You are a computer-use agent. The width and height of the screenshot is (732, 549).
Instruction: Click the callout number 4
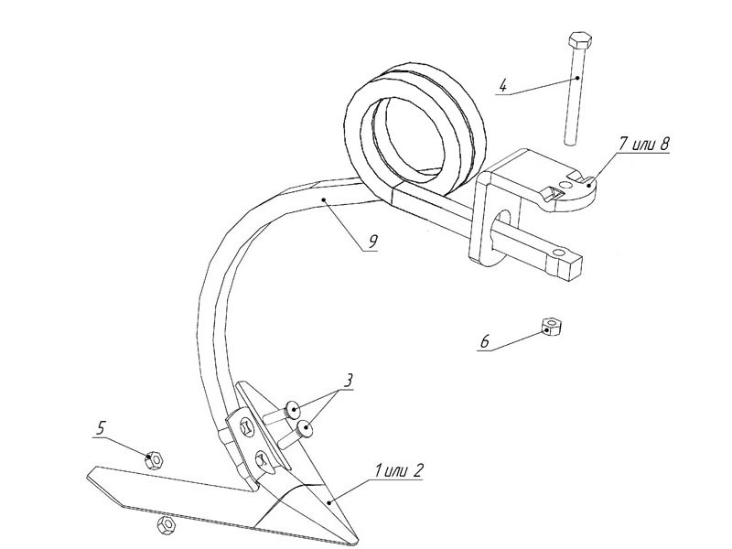click(502, 86)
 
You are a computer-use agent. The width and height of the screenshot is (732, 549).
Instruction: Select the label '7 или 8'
click(644, 145)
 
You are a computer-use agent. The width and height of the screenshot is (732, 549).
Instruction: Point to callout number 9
click(372, 242)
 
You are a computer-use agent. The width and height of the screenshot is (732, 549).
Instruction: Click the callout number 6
click(485, 341)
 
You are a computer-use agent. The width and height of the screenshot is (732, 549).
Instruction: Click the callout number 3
click(348, 380)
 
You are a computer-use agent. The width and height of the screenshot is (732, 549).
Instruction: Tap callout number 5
click(102, 427)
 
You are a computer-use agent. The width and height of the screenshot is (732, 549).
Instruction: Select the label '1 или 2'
click(398, 471)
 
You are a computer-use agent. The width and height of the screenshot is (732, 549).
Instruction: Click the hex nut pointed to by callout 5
click(154, 461)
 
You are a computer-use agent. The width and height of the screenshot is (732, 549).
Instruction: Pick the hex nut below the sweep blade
click(167, 525)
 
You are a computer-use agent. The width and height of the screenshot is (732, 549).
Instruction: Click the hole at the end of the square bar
click(557, 253)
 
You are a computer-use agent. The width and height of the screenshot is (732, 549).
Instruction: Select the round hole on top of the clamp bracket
click(566, 186)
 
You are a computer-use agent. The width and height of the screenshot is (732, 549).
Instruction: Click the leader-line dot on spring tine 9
click(323, 199)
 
